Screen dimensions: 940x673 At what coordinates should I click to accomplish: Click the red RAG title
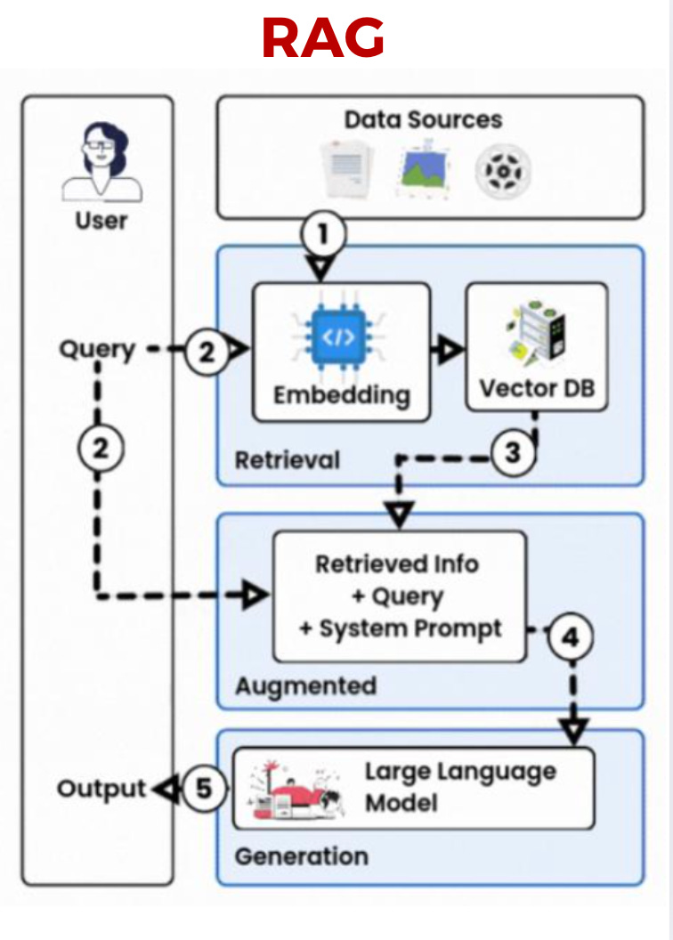pyautogui.click(x=323, y=37)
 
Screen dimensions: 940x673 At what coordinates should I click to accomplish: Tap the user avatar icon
pyautogui.click(x=101, y=161)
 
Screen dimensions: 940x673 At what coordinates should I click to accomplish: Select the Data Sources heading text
pyautogui.click(x=424, y=119)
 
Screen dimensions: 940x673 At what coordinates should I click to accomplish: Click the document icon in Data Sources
pyautogui.click(x=345, y=168)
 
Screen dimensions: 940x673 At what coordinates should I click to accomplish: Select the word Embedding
pyautogui.click(x=342, y=393)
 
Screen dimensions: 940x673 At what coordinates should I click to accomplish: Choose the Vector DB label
pyautogui.click(x=537, y=389)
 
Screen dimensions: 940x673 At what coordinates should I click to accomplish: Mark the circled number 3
pyautogui.click(x=513, y=453)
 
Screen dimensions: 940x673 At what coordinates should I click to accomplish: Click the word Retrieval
pyautogui.click(x=288, y=460)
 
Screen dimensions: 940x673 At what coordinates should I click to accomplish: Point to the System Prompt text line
pyautogui.click(x=401, y=628)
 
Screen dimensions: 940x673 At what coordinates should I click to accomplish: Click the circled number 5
pyautogui.click(x=205, y=790)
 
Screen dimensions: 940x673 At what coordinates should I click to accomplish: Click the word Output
pyautogui.click(x=101, y=789)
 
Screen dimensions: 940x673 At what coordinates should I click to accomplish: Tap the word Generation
pyautogui.click(x=301, y=856)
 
